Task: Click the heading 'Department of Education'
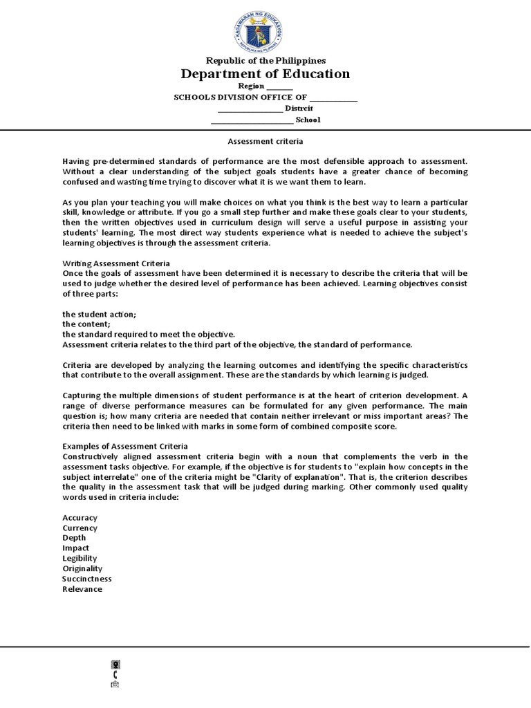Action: [x=265, y=74]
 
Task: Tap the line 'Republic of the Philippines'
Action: [x=265, y=61]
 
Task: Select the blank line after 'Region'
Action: [x=279, y=87]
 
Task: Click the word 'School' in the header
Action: [x=308, y=120]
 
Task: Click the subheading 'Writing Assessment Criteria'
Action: [x=116, y=263]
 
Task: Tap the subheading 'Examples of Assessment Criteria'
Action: [x=125, y=446]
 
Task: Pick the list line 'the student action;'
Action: [x=99, y=314]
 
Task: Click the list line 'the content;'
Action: [x=86, y=324]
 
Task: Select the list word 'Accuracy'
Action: [x=80, y=518]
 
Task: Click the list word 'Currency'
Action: [x=80, y=528]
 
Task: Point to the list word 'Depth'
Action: [x=74, y=538]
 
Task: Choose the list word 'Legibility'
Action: [x=80, y=558]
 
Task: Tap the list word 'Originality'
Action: [x=82, y=568]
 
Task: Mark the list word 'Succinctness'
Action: [x=86, y=579]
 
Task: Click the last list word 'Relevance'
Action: [x=82, y=589]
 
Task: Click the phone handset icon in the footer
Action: [x=115, y=674]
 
